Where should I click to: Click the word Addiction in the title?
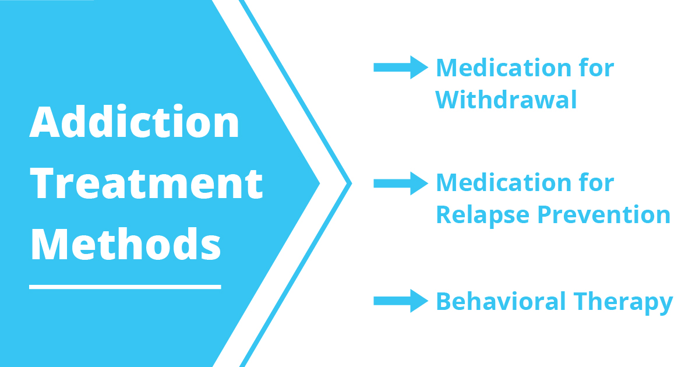pyautogui.click(x=135, y=122)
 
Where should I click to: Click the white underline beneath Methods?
pyautogui.click(x=125, y=287)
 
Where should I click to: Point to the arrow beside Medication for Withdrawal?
pyautogui.click(x=401, y=68)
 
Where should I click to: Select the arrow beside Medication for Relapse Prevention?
pyautogui.click(x=401, y=183)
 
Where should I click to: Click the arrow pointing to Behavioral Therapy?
pyautogui.click(x=401, y=301)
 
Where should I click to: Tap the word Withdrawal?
pyautogui.click(x=506, y=100)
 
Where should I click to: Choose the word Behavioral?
pyautogui.click(x=501, y=302)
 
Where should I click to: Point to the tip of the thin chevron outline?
pyautogui.click(x=350, y=183)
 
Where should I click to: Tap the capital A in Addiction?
pyautogui.click(x=46, y=122)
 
